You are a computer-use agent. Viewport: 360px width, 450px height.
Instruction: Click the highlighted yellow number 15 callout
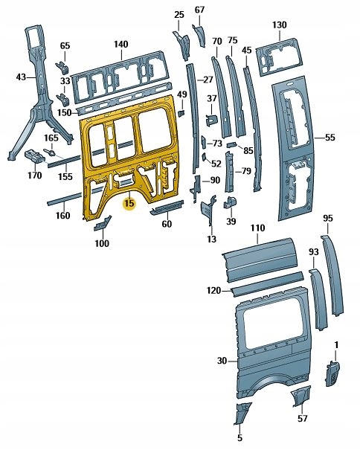click(x=129, y=202)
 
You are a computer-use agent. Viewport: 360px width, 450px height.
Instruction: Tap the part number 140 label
click(x=121, y=45)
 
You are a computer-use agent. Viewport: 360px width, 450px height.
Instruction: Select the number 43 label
click(x=21, y=77)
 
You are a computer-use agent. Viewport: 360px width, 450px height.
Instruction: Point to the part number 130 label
click(x=279, y=25)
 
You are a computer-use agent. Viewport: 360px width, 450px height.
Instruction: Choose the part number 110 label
click(x=257, y=227)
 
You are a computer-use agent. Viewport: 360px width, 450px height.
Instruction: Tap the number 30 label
click(x=221, y=361)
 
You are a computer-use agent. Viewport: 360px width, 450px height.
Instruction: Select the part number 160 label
click(x=63, y=216)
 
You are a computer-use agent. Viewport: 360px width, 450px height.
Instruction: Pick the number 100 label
click(x=101, y=243)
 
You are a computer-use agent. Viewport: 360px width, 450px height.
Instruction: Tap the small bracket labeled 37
click(x=212, y=117)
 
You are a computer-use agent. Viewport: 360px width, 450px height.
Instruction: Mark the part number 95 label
click(x=329, y=218)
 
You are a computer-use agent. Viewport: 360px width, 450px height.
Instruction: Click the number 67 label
click(x=199, y=10)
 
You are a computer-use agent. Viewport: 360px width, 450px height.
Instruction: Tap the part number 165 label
click(x=51, y=138)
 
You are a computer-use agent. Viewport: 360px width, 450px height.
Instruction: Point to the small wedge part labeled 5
click(x=244, y=411)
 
